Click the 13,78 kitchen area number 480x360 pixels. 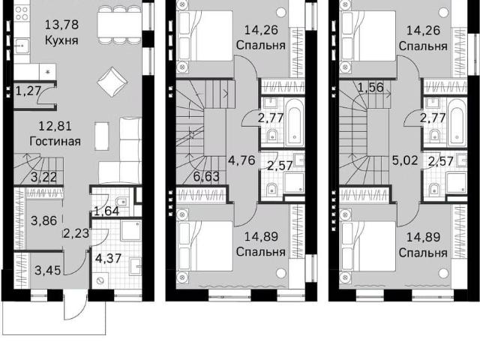(x=61, y=25)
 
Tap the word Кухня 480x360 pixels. (x=61, y=40)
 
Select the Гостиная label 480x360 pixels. (x=55, y=142)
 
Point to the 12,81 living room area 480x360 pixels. (x=55, y=126)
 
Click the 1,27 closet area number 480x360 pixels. (x=28, y=91)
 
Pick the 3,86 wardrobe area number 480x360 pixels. (x=44, y=220)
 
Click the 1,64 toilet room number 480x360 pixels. (x=106, y=211)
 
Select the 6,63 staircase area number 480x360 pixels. (x=207, y=177)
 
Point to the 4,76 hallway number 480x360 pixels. (x=241, y=160)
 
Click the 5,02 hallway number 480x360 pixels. (x=405, y=160)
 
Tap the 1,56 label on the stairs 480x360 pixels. (x=370, y=88)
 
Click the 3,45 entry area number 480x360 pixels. (x=48, y=271)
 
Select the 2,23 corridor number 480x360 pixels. (x=76, y=233)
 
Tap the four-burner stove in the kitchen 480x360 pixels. (x=22, y=13)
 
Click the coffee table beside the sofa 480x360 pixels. (x=102, y=136)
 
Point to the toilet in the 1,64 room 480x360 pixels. (x=121, y=202)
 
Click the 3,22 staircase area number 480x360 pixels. (x=45, y=178)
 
